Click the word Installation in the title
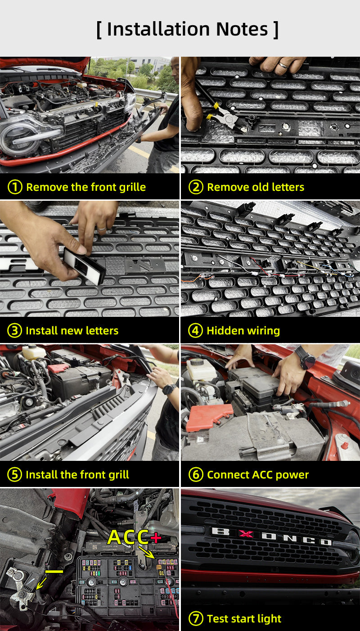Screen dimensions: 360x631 click(x=158, y=29)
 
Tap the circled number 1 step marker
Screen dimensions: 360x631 click(x=15, y=187)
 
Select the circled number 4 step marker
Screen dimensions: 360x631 click(x=195, y=330)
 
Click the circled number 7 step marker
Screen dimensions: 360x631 click(x=196, y=618)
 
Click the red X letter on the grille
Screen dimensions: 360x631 click(x=246, y=533)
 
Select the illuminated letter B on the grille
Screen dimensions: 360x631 click(x=221, y=531)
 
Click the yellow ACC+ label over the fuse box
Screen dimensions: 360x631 click(x=134, y=536)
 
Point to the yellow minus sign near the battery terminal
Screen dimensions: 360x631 click(x=54, y=571)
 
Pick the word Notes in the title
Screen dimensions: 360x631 click(x=242, y=29)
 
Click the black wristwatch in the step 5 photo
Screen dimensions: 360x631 click(x=169, y=389)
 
